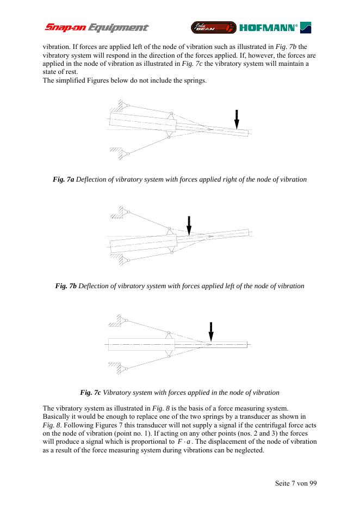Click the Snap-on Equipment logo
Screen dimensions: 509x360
pyautogui.click(x=96, y=27)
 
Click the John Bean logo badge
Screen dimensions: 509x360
pyautogui.click(x=213, y=27)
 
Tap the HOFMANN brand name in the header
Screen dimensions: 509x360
pyautogui.click(x=268, y=27)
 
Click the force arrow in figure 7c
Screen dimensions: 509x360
pyautogui.click(x=211, y=332)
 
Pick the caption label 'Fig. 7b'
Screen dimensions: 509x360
pyautogui.click(x=66, y=285)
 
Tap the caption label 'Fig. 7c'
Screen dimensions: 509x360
pyautogui.click(x=90, y=392)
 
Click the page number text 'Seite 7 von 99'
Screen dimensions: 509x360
pyautogui.click(x=291, y=483)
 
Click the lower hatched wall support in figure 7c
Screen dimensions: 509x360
pyautogui.click(x=117, y=367)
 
